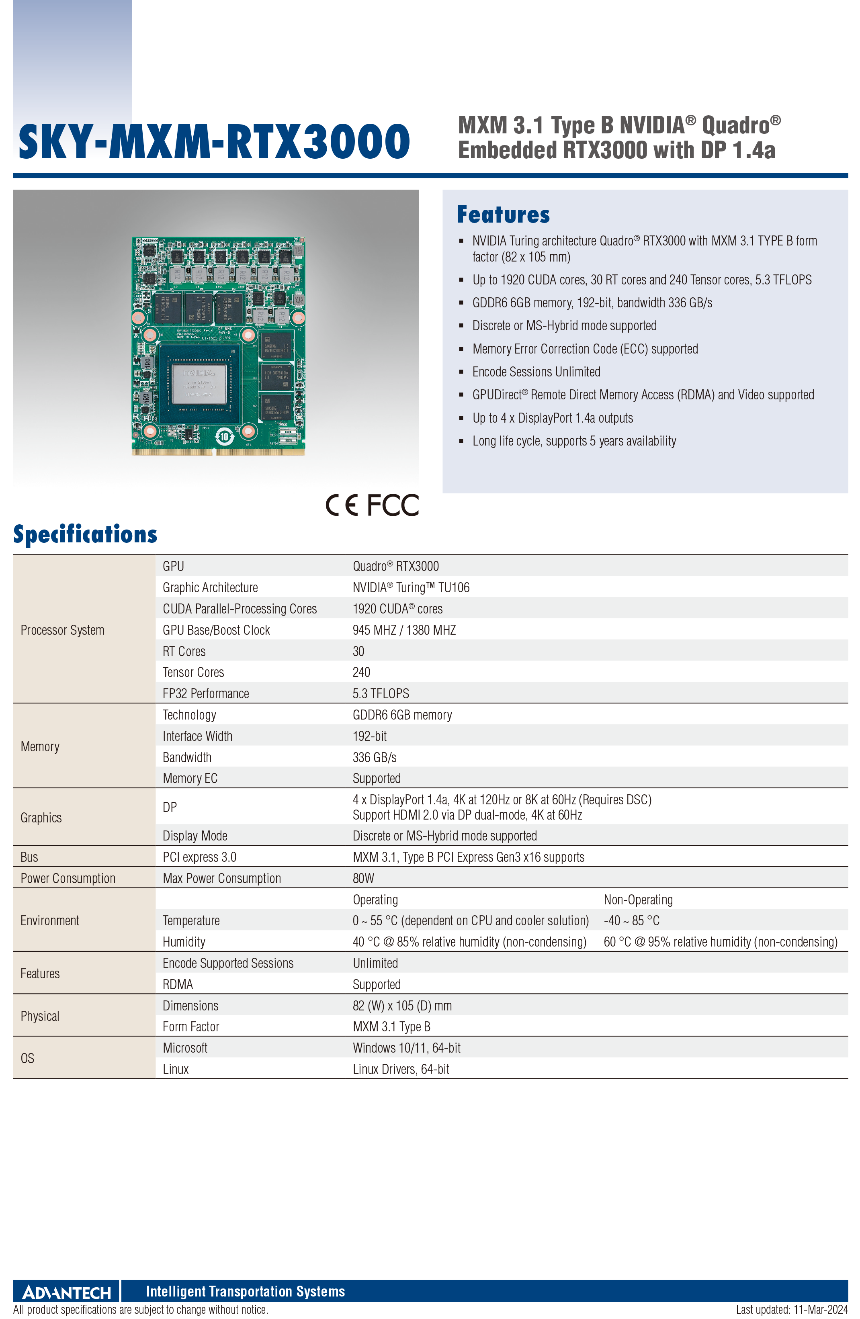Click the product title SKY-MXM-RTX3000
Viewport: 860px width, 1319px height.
tap(214, 141)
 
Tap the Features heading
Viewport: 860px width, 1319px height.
tap(504, 215)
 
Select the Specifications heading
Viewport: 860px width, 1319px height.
tap(85, 534)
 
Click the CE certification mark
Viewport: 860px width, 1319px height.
tap(342, 505)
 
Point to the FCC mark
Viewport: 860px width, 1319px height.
tap(393, 505)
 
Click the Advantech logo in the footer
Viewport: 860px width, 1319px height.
tap(67, 1292)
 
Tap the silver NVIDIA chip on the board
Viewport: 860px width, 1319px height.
tap(199, 384)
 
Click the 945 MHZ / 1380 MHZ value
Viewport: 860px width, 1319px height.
tap(404, 630)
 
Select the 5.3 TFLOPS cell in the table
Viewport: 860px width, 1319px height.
tap(381, 693)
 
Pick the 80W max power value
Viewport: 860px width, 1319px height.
tap(363, 878)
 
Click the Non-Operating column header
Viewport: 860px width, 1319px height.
tap(638, 900)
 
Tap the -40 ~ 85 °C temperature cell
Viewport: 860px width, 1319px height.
tap(632, 920)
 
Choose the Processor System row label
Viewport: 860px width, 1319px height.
tap(62, 630)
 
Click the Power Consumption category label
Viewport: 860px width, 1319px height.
tap(68, 878)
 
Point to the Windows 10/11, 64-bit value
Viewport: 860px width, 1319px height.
tap(406, 1048)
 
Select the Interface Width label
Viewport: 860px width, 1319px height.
tap(197, 736)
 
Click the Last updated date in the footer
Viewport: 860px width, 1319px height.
tap(792, 1310)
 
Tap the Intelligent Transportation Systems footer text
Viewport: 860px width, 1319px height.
tap(245, 1291)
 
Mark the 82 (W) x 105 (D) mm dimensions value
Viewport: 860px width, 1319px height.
tap(402, 1006)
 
